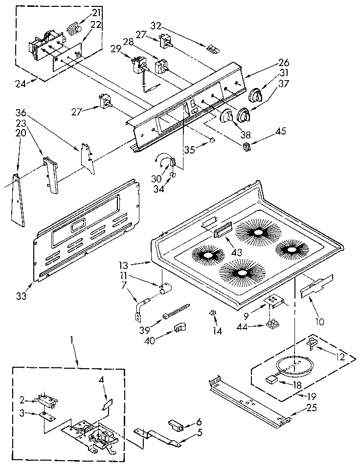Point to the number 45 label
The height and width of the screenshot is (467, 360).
(281, 131)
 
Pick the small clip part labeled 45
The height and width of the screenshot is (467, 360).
(246, 145)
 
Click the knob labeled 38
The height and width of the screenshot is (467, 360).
(225, 116)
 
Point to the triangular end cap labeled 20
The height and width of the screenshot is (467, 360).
(18, 200)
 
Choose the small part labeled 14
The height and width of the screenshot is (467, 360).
(213, 313)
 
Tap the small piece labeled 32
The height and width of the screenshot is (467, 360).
(213, 48)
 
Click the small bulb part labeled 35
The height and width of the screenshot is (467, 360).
(212, 140)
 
